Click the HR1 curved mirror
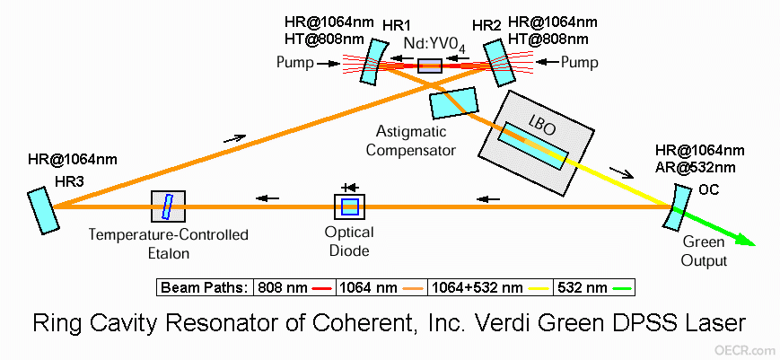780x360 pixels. [x=371, y=62]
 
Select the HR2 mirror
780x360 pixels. [x=495, y=63]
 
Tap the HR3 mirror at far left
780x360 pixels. [x=43, y=210]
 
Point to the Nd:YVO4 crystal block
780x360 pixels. [x=429, y=66]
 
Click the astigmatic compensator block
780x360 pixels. [x=453, y=103]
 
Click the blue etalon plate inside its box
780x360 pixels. [x=168, y=206]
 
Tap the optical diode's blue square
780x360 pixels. [x=349, y=206]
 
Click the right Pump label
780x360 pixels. [x=580, y=63]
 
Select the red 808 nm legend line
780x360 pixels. [x=321, y=288]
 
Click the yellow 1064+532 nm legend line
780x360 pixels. [x=538, y=288]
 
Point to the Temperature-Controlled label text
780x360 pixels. [x=168, y=234]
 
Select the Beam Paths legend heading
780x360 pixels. [x=205, y=288]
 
